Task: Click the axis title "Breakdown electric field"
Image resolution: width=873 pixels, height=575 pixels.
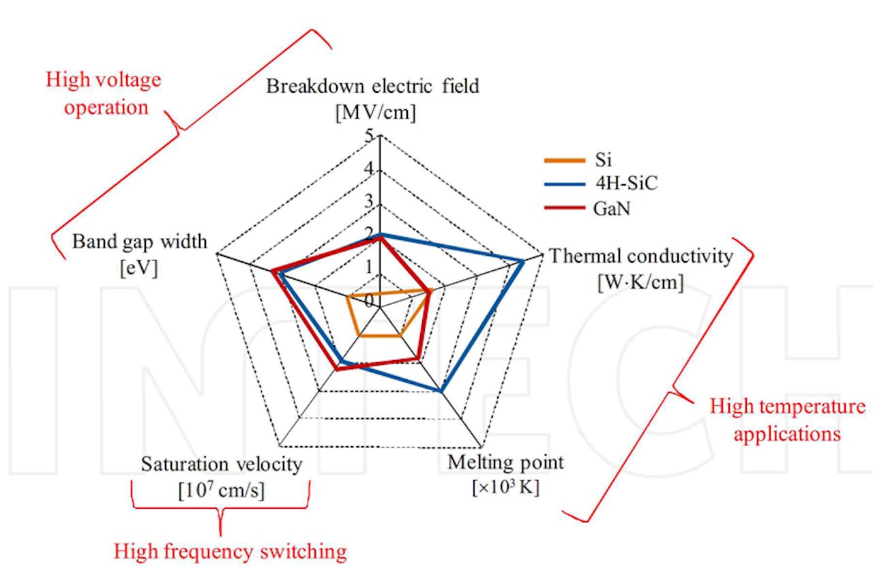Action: point(372,87)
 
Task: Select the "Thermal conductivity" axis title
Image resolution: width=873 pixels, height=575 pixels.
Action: point(641,256)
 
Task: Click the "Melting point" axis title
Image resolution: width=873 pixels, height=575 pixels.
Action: point(505,462)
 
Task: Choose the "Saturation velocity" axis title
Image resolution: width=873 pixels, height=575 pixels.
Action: point(221,465)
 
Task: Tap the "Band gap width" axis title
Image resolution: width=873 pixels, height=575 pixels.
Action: point(140,241)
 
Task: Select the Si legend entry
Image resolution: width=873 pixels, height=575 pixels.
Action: point(603,161)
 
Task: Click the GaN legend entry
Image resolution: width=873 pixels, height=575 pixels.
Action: point(612,208)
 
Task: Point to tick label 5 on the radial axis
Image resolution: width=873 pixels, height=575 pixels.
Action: point(369,136)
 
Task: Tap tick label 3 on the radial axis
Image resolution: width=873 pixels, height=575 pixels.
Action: point(369,202)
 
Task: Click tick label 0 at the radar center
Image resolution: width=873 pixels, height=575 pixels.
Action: point(369,301)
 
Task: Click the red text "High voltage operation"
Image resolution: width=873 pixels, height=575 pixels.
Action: point(104,93)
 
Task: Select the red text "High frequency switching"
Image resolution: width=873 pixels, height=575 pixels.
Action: point(230,550)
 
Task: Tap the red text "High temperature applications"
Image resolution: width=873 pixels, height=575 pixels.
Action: point(787,419)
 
